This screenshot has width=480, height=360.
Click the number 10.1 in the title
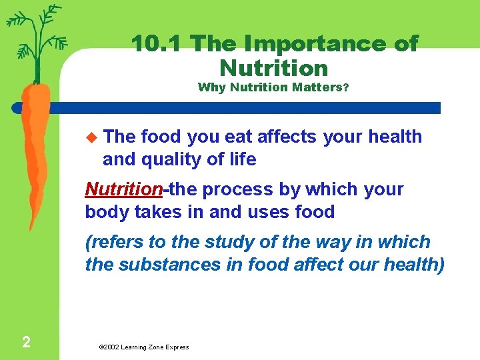coord(157,44)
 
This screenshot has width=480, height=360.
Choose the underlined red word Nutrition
coord(123,189)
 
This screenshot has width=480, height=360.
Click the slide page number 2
coord(25,343)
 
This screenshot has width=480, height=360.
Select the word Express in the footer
coord(176,347)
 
